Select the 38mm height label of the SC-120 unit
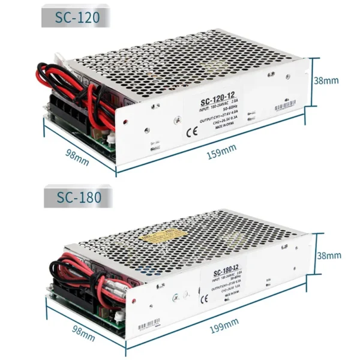(327, 80)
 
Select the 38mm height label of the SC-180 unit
(329, 256)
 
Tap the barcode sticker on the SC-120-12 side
(288, 107)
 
